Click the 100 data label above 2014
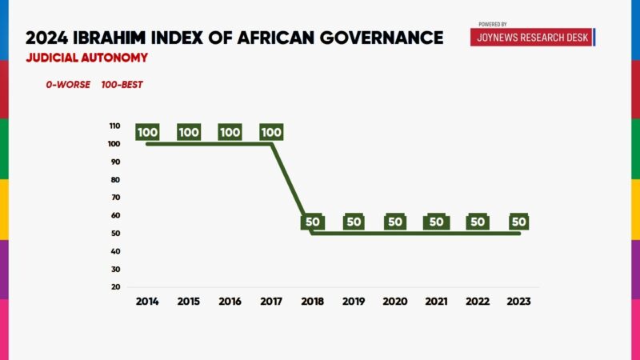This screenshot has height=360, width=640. [x=147, y=133]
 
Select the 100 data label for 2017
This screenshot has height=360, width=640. [x=272, y=133]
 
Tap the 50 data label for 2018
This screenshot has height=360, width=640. [x=312, y=222]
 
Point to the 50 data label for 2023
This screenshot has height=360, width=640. [x=519, y=222]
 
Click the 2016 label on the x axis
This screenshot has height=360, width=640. [x=230, y=302]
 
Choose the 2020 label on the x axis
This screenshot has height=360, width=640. [x=395, y=302]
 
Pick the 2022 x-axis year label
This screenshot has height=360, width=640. [x=478, y=302]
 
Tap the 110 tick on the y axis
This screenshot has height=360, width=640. [x=115, y=126]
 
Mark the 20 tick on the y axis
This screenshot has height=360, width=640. [x=116, y=286]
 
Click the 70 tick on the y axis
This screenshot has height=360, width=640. [x=116, y=198]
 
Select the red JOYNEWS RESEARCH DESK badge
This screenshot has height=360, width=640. [x=531, y=37]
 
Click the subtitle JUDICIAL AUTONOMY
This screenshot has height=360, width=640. [x=86, y=58]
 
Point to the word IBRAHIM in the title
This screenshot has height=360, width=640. [x=129, y=37]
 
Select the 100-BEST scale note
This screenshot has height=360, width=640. [x=122, y=85]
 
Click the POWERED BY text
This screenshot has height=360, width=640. [x=493, y=24]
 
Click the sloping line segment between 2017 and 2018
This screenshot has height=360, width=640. [x=292, y=189]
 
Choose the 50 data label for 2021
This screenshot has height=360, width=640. [x=436, y=222]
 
